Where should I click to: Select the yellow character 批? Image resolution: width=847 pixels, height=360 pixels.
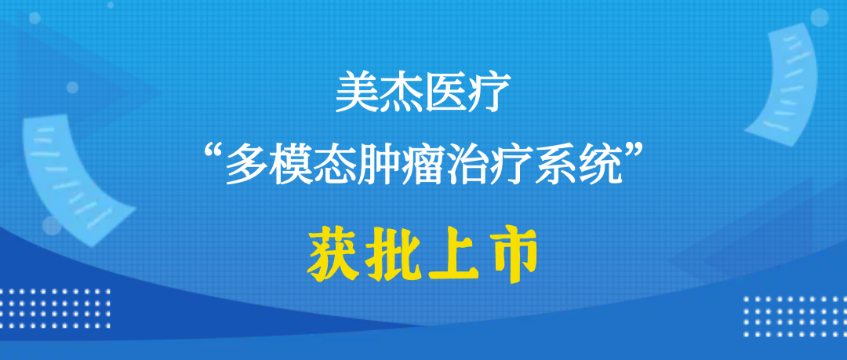tap(394, 255)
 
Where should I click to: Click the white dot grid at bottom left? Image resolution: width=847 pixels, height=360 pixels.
tap(56, 309)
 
